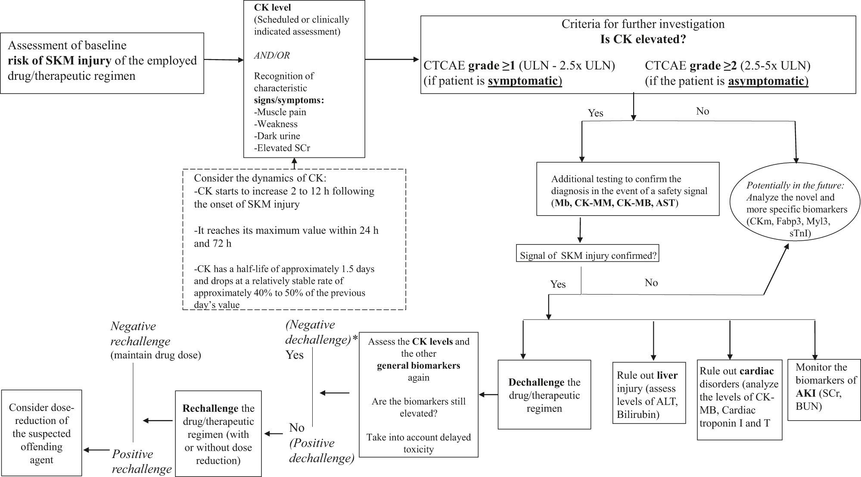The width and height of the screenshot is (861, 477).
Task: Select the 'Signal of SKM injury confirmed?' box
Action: pos(587,255)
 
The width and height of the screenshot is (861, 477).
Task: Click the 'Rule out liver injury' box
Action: pos(648,392)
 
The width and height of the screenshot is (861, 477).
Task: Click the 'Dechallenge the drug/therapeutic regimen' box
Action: pos(544,395)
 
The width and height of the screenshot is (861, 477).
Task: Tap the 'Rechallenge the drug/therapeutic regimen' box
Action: pos(218,433)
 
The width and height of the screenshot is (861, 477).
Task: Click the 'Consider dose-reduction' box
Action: pos(41,433)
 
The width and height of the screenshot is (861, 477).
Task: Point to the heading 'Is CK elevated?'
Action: pos(643,39)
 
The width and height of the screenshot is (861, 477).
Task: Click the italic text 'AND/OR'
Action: pos(271,55)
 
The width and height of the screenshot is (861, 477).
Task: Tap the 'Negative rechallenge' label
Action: pos(140,333)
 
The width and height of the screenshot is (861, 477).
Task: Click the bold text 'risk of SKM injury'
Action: pos(59,60)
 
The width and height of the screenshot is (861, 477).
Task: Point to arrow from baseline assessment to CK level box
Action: pos(224,60)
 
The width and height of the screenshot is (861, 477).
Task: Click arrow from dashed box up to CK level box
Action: pos(294,163)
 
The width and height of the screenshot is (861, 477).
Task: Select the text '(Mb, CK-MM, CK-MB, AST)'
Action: pos(615,203)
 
